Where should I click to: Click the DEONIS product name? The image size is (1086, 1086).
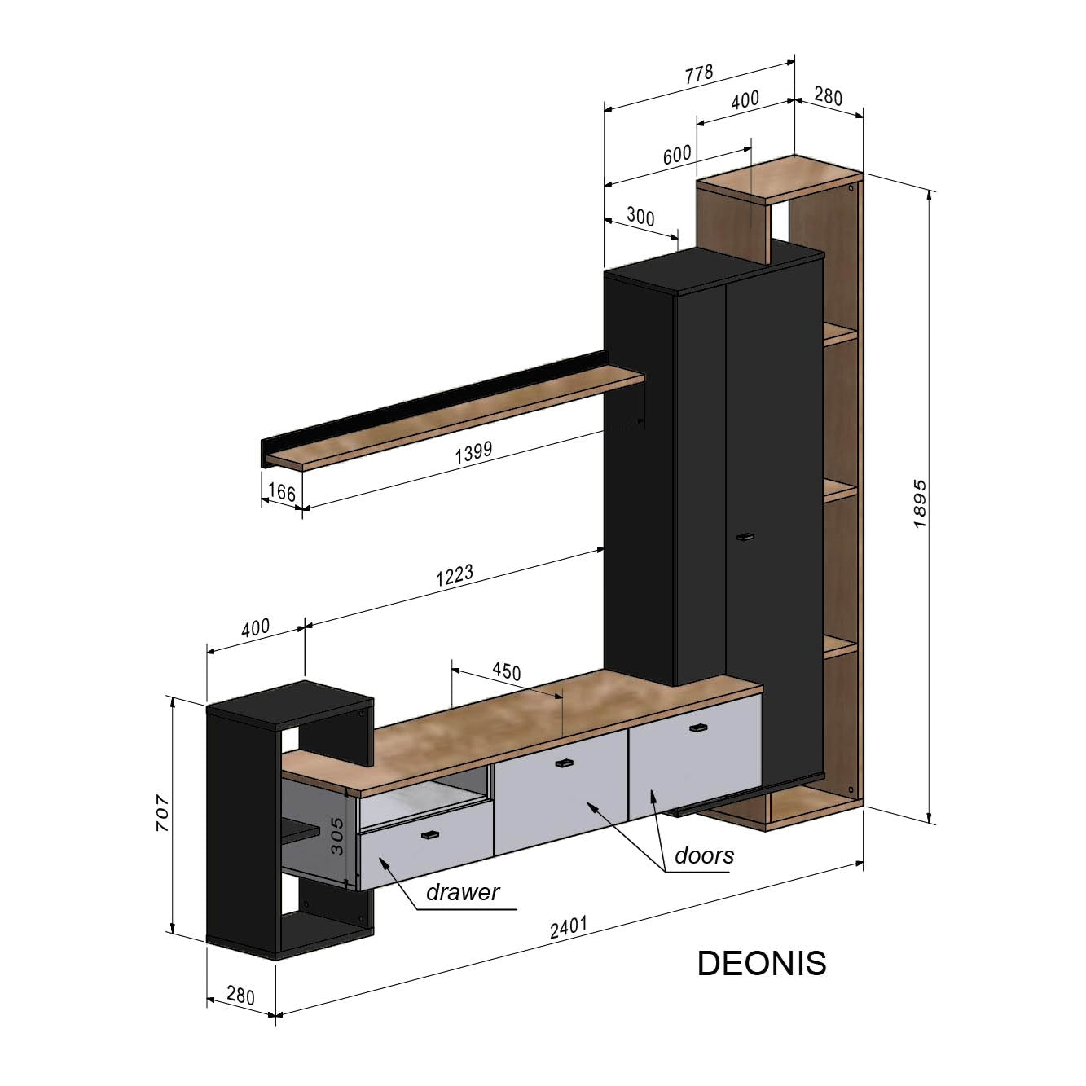(x=762, y=963)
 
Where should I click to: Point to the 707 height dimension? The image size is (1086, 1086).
(x=162, y=812)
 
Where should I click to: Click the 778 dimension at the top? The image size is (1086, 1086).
(x=698, y=74)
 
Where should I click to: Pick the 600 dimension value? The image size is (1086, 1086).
(x=676, y=155)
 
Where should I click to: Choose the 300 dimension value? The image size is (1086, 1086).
(x=640, y=217)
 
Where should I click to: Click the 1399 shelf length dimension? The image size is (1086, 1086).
(x=473, y=454)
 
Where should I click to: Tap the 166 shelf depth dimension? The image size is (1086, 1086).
(x=281, y=492)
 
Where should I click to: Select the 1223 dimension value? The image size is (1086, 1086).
(x=455, y=575)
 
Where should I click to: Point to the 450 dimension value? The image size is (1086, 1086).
(x=506, y=671)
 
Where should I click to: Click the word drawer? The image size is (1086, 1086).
(x=462, y=892)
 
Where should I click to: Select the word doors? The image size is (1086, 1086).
(x=704, y=855)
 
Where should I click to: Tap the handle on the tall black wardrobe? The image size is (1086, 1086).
(x=745, y=537)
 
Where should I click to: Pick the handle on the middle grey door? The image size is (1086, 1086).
(x=563, y=763)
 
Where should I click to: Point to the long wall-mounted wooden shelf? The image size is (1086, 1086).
(x=456, y=419)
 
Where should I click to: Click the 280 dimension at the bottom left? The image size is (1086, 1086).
(x=240, y=996)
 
